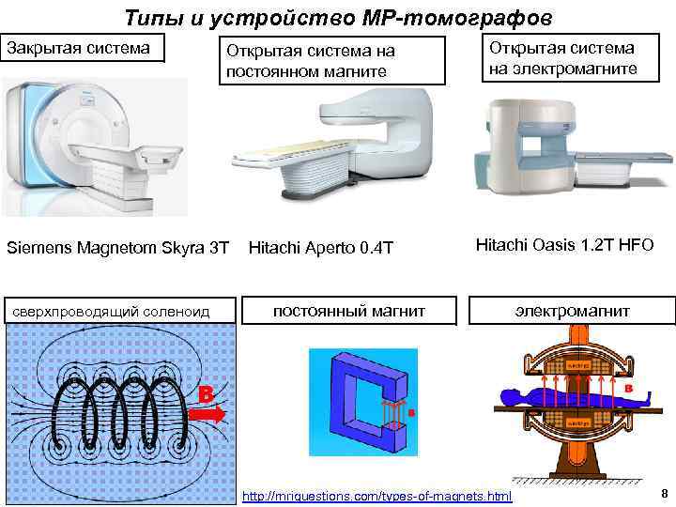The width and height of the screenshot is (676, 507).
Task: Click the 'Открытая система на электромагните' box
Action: click(575, 58)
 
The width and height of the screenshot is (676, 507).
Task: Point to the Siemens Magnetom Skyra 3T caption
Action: click(117, 247)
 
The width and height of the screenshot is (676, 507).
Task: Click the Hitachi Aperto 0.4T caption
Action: click(320, 248)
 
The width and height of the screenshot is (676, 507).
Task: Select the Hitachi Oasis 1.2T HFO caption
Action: click(564, 246)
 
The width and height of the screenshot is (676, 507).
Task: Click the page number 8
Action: click(663, 494)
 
